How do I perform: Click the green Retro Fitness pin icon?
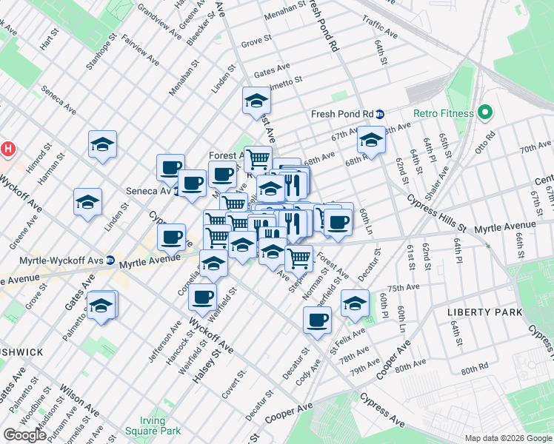pyautogui.click(x=485, y=113)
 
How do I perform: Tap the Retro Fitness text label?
pyautogui.click(x=443, y=113)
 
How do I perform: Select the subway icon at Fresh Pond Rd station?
pyautogui.click(x=380, y=114)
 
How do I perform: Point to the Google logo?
pyautogui.click(x=24, y=434)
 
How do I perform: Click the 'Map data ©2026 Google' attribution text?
pyautogui.click(x=508, y=438)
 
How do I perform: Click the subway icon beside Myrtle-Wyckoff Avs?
pyautogui.click(x=110, y=260)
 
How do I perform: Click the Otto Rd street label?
pyautogui.click(x=489, y=138)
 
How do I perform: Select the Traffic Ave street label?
pyautogui.click(x=381, y=30)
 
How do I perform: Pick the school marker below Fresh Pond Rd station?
pyautogui.click(x=370, y=139)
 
